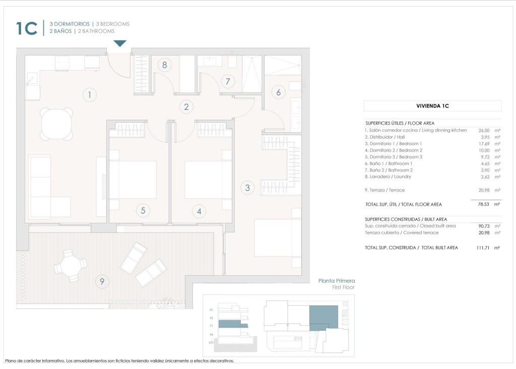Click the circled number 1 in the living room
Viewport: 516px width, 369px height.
90,95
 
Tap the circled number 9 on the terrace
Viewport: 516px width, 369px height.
102,281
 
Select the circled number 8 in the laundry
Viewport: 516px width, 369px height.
164,65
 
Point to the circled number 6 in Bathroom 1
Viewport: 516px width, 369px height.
278,92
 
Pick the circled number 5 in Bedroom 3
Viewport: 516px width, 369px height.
143,211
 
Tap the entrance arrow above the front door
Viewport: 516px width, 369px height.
120,44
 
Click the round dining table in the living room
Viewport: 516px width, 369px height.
56,124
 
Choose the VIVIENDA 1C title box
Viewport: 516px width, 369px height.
432,106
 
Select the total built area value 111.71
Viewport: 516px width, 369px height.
483,248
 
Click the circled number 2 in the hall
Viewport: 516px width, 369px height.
186,107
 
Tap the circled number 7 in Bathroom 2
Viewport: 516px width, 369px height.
228,81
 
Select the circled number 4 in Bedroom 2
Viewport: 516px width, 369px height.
200,211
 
